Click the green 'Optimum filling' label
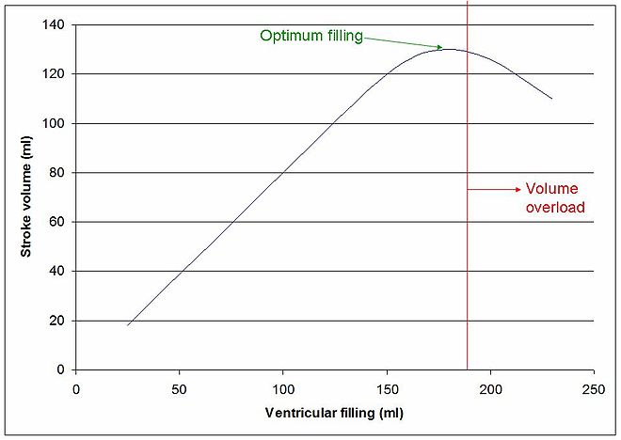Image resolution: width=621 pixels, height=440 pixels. [311, 36]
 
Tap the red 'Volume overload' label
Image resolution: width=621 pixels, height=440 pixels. [555, 197]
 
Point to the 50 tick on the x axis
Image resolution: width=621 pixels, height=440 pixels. [180, 386]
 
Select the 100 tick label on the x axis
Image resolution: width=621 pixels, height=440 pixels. [283, 386]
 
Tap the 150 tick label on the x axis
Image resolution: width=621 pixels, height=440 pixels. [387, 386]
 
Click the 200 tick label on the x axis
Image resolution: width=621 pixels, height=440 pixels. [490, 386]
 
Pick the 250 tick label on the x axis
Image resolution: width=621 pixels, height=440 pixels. [594, 386]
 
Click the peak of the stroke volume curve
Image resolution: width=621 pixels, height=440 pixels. [450, 49]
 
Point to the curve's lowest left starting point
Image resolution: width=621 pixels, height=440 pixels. [128, 325]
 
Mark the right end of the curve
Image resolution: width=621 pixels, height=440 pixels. [551, 99]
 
